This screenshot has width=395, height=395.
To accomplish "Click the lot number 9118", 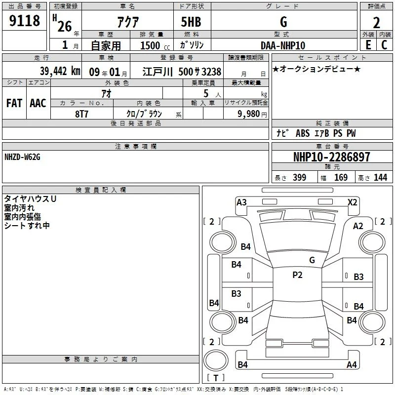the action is (x=24, y=21).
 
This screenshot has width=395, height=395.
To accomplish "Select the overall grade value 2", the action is (x=376, y=23).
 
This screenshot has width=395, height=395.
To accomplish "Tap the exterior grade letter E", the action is (x=368, y=45).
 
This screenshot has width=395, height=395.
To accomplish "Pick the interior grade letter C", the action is (x=384, y=45).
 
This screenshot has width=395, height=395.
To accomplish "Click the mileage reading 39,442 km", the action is (x=60, y=71).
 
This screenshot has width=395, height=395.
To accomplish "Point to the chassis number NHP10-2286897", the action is (x=332, y=157).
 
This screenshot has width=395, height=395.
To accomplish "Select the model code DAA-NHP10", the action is (x=283, y=45).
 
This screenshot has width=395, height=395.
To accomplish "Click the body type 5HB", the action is (x=191, y=22).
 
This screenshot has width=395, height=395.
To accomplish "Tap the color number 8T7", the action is (x=81, y=114).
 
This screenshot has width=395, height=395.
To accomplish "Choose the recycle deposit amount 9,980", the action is (x=249, y=114).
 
